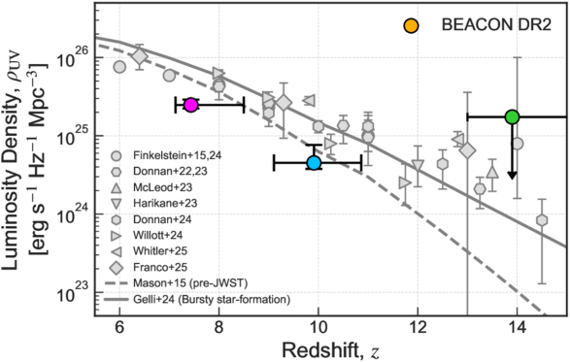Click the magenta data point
(191, 105)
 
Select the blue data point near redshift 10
(314, 163)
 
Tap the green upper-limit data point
(512, 117)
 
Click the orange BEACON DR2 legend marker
(411, 26)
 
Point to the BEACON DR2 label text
(496, 25)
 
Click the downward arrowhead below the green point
(512, 175)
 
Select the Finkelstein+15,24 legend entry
(167, 156)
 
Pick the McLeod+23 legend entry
(151, 188)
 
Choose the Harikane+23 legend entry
(154, 203)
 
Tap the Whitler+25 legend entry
(150, 250)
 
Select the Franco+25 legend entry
(150, 268)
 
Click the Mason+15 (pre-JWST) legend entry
(177, 282)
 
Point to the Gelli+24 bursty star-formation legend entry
(197, 300)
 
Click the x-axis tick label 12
(419, 330)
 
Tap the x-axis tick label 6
(118, 330)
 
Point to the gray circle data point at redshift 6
(119, 67)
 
